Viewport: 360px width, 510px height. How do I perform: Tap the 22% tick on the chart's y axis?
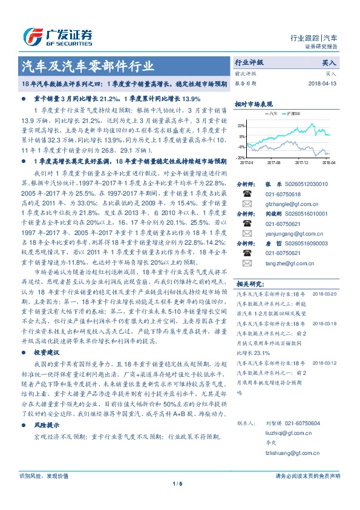click(241, 125)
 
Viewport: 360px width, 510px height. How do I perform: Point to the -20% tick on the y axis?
click(241, 157)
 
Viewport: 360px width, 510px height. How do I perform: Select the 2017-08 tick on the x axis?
click(274, 162)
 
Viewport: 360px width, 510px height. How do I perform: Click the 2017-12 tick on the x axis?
click(301, 162)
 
